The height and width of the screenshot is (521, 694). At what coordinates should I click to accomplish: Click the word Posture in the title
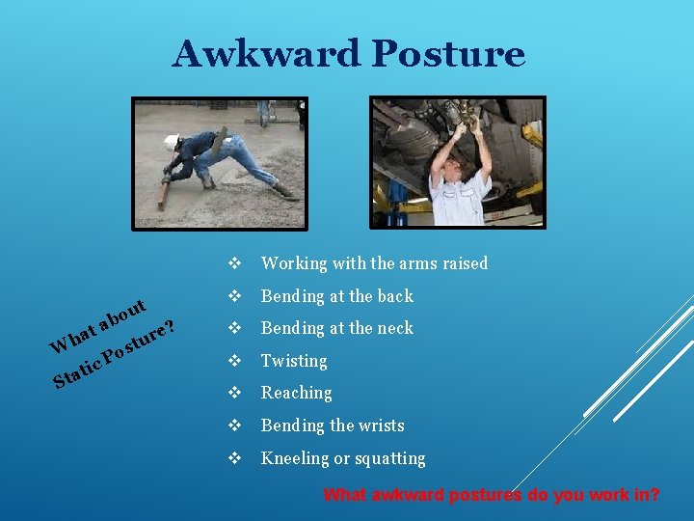(x=448, y=54)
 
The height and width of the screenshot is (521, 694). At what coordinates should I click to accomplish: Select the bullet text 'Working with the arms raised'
(x=374, y=263)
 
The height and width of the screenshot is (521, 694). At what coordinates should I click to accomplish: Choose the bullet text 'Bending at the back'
(x=336, y=296)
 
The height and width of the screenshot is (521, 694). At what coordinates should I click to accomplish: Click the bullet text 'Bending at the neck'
(x=336, y=328)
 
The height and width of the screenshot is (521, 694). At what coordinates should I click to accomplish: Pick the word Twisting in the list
(x=294, y=361)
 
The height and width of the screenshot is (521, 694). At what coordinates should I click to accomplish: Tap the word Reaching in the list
(x=296, y=393)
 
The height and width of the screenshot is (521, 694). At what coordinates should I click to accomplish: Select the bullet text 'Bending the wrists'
(x=333, y=425)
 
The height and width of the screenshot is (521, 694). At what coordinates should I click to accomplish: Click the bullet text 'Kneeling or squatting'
(x=342, y=458)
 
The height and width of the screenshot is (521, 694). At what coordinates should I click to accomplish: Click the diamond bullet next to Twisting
(x=234, y=361)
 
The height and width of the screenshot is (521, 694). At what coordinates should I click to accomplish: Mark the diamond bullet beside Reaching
(x=234, y=393)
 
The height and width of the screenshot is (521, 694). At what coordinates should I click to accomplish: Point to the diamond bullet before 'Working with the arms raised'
(x=234, y=263)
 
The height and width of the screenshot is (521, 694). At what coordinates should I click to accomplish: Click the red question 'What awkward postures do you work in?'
(x=491, y=495)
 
